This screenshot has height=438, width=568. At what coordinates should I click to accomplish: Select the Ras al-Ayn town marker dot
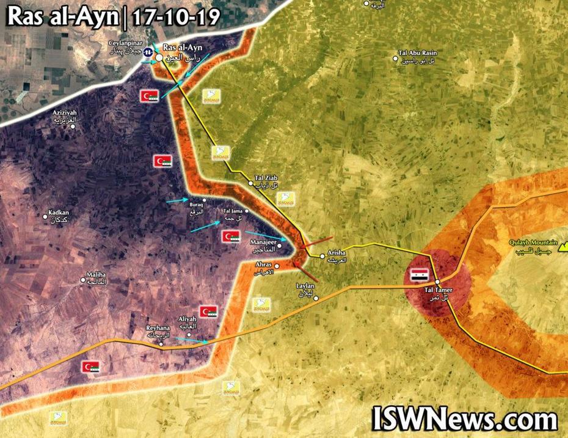[159, 57]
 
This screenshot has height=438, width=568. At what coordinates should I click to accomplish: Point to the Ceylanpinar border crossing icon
[147, 51]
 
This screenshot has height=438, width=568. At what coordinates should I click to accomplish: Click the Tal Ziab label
[266, 180]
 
